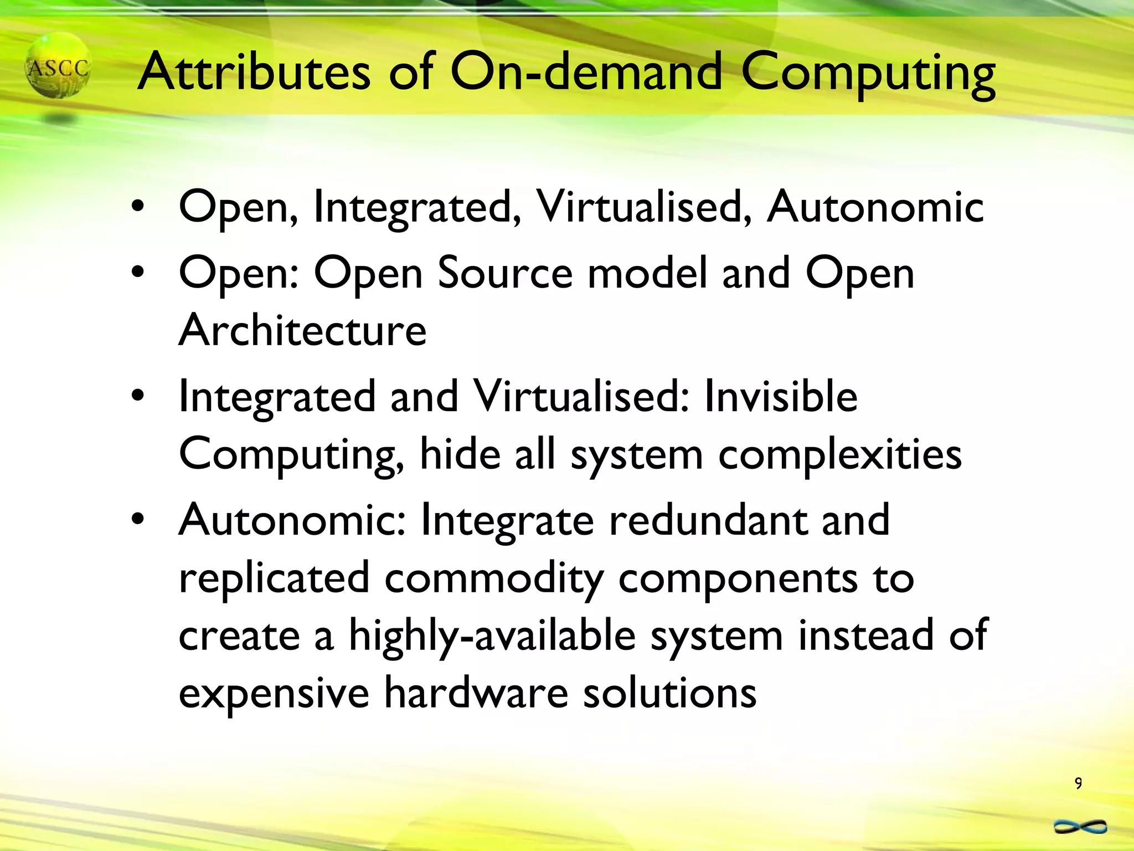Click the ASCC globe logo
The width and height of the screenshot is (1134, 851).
(x=58, y=66)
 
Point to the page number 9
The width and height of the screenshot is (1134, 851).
(x=1078, y=783)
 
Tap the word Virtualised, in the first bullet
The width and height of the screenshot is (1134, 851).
(x=644, y=207)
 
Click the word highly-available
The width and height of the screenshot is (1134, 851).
(x=492, y=636)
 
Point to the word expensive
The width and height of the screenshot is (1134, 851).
(x=274, y=694)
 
